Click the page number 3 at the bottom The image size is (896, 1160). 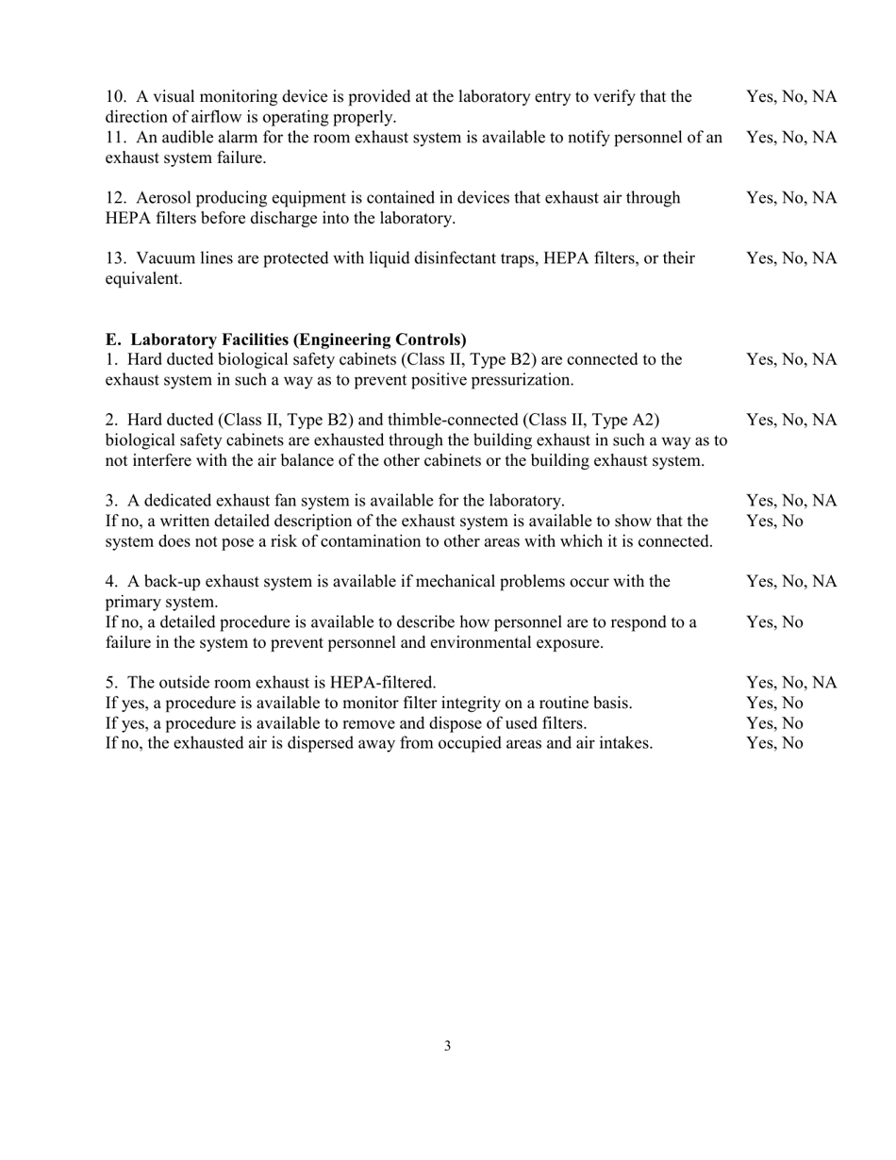[x=447, y=1046]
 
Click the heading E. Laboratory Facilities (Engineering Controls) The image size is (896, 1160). [x=286, y=339]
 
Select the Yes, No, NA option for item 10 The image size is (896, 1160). [x=791, y=97]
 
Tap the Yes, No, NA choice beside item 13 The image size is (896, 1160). [x=791, y=258]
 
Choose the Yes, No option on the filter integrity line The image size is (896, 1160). [x=774, y=703]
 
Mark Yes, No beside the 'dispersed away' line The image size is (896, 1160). [x=774, y=743]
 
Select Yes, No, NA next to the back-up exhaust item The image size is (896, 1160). [x=791, y=581]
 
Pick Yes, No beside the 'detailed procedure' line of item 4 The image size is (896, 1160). [x=774, y=622]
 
